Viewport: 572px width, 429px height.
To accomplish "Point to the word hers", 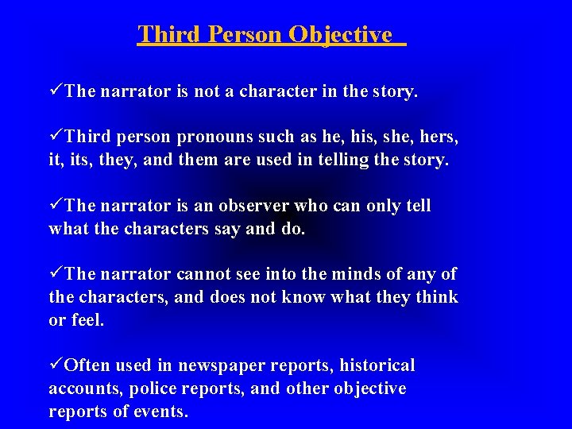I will pyautogui.click(x=439, y=137).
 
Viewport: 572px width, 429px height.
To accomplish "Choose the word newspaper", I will pyautogui.click(x=224, y=366).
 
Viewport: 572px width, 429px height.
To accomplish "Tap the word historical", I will pyautogui.click(x=377, y=365).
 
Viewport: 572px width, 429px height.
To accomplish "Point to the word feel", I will pyautogui.click(x=87, y=320).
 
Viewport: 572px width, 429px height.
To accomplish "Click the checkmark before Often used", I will pyautogui.click(x=56, y=365).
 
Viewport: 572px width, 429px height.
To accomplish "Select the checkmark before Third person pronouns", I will pyautogui.click(x=56, y=137).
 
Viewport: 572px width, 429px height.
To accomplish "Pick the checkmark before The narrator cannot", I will pyautogui.click(x=56, y=274).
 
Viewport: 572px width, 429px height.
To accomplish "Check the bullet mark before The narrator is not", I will pyautogui.click(x=56, y=91).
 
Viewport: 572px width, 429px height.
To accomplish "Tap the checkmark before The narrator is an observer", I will pyautogui.click(x=56, y=206).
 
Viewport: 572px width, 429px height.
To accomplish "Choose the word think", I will pyautogui.click(x=439, y=297).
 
